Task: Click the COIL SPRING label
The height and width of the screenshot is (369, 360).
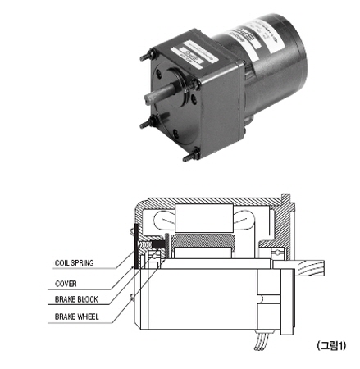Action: [x=75, y=263]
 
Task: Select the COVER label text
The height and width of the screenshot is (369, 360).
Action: [x=66, y=284]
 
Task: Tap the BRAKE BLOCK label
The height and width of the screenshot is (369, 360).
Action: [x=76, y=299]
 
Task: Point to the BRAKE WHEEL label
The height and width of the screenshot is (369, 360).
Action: [x=76, y=317]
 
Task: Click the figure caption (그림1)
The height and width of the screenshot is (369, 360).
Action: [x=331, y=346]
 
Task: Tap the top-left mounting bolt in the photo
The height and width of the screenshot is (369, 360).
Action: [x=148, y=55]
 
